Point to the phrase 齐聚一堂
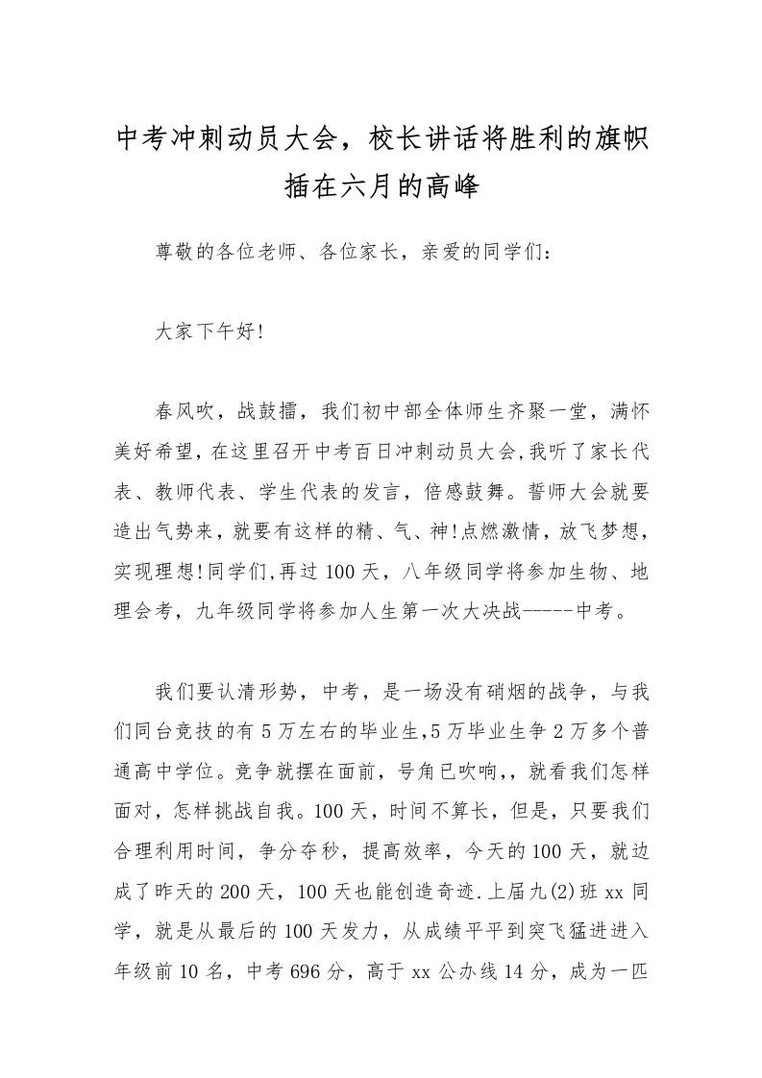click(558, 412)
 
